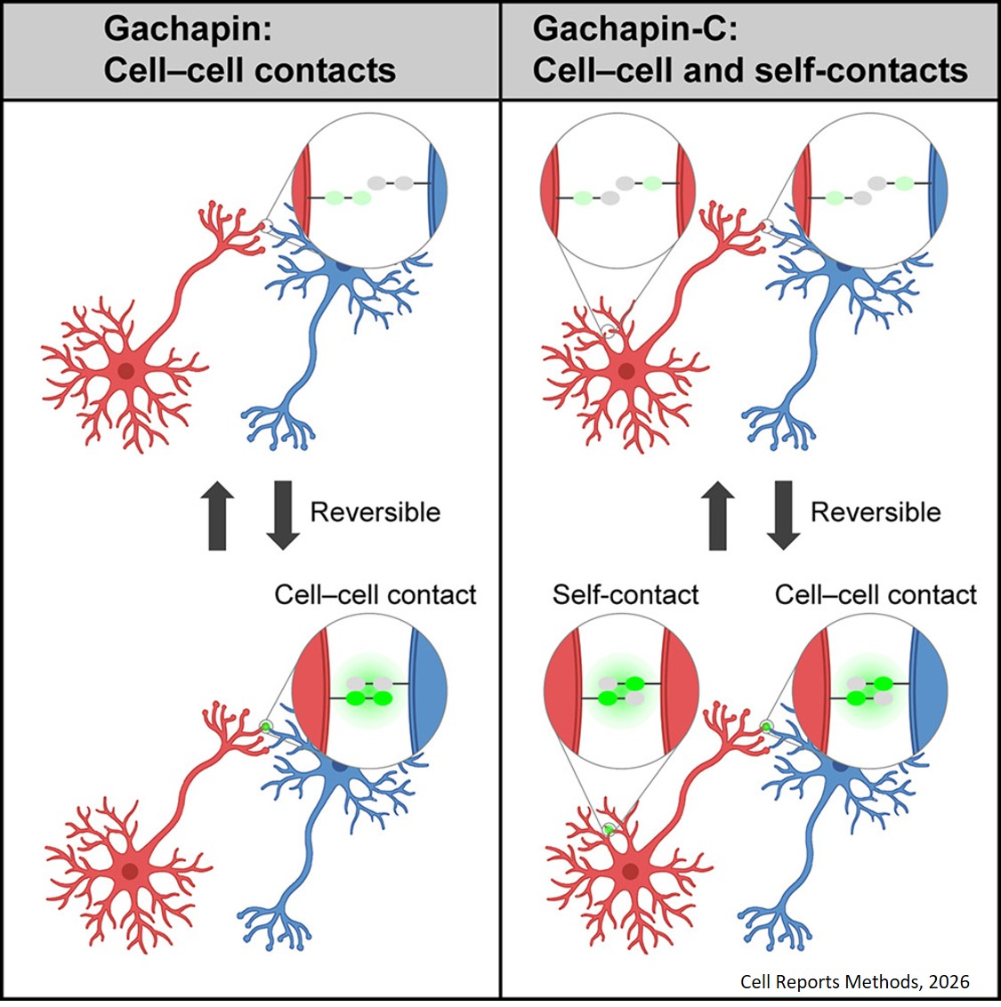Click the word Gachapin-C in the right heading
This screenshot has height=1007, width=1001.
point(633,28)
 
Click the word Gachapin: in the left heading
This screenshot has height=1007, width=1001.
point(188,28)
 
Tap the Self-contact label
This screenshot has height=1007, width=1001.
point(626,594)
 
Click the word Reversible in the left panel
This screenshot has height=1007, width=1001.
point(375,512)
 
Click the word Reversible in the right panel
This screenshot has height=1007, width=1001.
point(875,512)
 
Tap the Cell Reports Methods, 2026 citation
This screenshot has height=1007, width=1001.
point(854,981)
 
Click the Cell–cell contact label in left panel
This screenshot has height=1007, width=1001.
point(375,594)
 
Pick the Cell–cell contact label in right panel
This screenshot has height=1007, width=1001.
point(876,594)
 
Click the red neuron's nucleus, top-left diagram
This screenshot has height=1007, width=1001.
point(125,371)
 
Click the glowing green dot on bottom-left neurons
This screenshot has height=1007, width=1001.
point(265,728)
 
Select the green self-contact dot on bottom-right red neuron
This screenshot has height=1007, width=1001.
point(609,830)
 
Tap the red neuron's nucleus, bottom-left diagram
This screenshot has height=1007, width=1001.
point(130,871)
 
